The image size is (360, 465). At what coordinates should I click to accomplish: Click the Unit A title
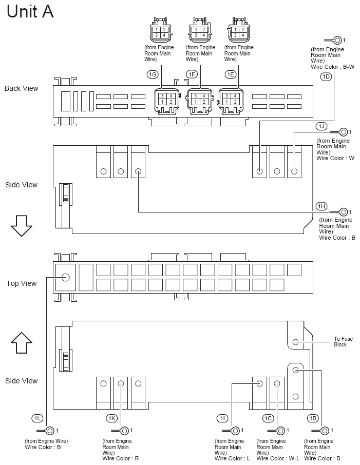click(x=30, y=11)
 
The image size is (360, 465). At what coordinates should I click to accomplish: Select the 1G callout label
click(x=153, y=75)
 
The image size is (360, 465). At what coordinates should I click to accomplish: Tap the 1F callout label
click(x=192, y=75)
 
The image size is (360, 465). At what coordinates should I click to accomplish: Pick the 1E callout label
click(x=231, y=75)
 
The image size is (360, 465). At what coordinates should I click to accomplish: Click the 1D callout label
click(x=326, y=76)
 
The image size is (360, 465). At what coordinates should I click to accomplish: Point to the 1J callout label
click(x=321, y=126)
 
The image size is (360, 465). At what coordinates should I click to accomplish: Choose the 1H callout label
click(x=321, y=206)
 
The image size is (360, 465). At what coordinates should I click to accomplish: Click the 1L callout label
click(x=37, y=418)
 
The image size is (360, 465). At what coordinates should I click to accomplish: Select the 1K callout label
click(x=112, y=418)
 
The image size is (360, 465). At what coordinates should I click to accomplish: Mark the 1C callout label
click(x=268, y=418)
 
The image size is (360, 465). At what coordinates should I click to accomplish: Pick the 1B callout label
click(x=313, y=418)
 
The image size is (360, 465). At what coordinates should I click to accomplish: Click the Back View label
click(x=22, y=88)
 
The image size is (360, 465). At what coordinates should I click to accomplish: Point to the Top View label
click(x=22, y=283)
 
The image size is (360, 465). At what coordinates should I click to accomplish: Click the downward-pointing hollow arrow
click(x=21, y=226)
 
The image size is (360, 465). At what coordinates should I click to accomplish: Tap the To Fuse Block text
click(x=344, y=342)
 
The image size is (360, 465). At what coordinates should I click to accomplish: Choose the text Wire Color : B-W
click(x=332, y=67)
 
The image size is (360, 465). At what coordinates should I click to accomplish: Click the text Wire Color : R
click(x=121, y=458)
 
